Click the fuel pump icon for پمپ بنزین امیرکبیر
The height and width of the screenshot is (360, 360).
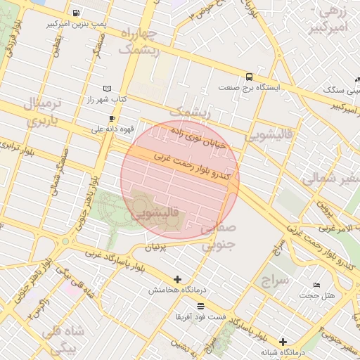76,13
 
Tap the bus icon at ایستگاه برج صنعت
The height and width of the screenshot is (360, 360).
249,77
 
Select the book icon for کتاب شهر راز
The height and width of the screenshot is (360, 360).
107,89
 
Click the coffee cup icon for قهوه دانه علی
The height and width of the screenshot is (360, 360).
112,118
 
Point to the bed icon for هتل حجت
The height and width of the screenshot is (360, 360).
316,285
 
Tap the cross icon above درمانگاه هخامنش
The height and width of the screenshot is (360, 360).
177,279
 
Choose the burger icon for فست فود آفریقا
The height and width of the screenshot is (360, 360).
201,306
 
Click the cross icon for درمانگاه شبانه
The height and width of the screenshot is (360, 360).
283,341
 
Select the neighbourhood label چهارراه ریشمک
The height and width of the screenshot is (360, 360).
139,42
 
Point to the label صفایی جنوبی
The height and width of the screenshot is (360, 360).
217,237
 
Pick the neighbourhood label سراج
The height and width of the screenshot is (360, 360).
275,281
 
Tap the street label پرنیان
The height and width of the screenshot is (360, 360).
156,247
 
